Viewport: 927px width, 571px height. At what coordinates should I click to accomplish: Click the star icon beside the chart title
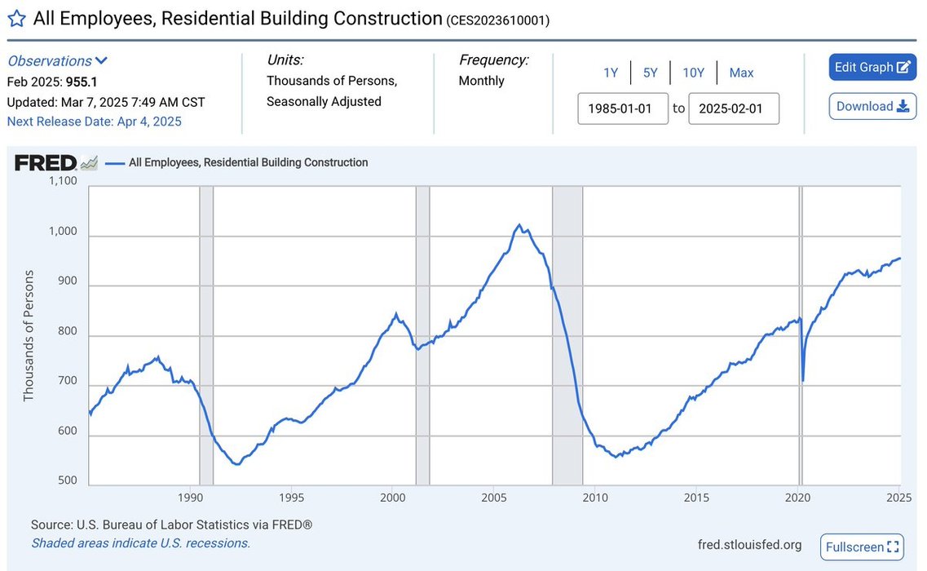click(x=16, y=19)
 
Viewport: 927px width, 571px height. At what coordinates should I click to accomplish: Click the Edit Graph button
click(x=872, y=68)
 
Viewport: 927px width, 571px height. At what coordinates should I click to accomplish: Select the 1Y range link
click(x=611, y=73)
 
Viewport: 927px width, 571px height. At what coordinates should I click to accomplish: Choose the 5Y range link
click(x=650, y=73)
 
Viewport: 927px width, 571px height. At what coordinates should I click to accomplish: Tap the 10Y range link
click(x=693, y=73)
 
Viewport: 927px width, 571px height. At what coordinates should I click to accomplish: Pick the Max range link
click(x=741, y=73)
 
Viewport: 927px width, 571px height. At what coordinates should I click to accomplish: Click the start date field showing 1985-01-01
click(x=623, y=108)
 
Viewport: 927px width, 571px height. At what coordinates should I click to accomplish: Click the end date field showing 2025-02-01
click(x=733, y=108)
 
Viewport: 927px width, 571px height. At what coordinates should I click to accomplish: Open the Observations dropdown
click(x=57, y=60)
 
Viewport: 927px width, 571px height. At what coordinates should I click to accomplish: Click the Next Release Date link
click(x=94, y=122)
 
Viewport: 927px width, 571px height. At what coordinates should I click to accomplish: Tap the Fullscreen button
click(x=862, y=547)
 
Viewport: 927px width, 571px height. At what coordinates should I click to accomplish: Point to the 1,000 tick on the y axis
click(x=61, y=232)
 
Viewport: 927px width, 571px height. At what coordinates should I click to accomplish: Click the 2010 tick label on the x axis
click(x=595, y=498)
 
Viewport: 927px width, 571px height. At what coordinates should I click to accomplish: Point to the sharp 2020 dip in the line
click(x=803, y=380)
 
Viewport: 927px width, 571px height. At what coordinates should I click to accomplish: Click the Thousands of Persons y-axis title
click(x=29, y=336)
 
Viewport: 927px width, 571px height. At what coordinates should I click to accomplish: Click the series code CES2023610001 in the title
click(x=498, y=20)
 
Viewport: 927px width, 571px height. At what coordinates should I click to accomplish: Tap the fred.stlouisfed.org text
click(x=749, y=545)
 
